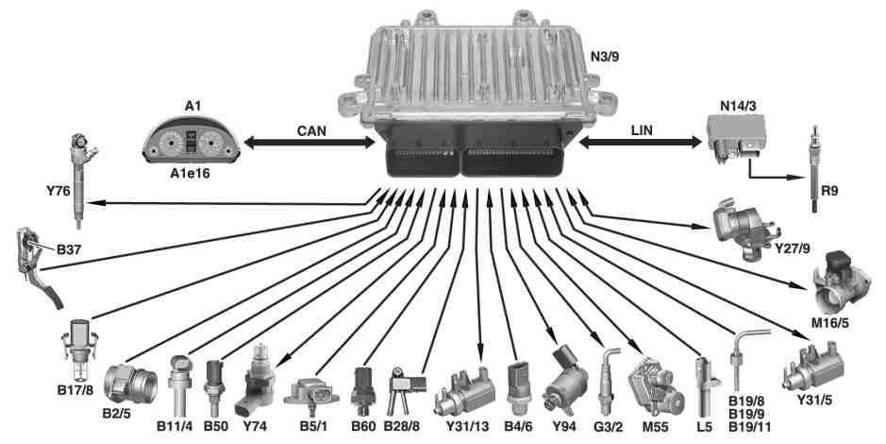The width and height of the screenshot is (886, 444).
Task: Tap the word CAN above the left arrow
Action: point(311,130)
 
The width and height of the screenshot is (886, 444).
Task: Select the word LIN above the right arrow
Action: point(642,130)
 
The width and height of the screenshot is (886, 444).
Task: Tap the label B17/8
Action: point(75,390)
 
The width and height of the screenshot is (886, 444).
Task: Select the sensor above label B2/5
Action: point(130,384)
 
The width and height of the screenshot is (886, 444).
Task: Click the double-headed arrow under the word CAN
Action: point(309,143)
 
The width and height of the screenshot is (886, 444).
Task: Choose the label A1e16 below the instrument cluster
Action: point(190,173)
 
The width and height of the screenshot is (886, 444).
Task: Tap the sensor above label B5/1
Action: point(311,394)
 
